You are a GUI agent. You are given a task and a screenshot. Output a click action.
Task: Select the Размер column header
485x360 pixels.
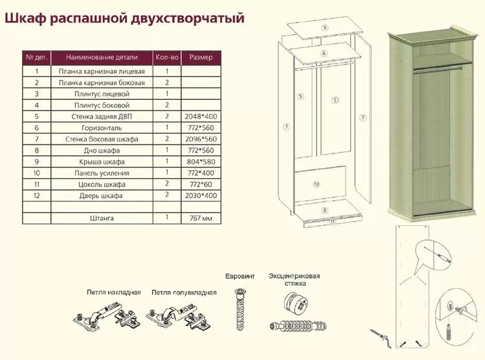(201, 57)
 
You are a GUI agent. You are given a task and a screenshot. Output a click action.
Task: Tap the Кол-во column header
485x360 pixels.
(166, 57)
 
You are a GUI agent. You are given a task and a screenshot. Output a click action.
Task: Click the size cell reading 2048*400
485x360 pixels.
(201, 116)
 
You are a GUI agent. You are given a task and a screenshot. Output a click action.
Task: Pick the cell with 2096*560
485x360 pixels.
(201, 139)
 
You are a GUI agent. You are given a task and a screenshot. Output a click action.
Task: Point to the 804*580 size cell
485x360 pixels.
(201, 162)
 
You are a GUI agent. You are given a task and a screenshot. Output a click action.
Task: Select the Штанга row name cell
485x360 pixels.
(102, 218)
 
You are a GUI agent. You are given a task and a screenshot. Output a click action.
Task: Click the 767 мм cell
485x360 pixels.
(201, 218)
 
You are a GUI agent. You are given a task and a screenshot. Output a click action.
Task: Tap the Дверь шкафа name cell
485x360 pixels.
(102, 196)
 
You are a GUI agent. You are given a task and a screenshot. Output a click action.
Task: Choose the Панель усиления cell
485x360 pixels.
(102, 173)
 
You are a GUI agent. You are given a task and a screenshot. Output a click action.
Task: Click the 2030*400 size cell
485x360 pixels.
(201, 196)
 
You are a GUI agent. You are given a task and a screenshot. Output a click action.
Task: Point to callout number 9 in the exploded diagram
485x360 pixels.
(324, 27)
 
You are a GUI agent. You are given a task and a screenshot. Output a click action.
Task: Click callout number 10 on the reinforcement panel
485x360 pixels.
(316, 185)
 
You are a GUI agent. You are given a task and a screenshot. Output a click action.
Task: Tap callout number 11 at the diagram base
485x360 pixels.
(332, 221)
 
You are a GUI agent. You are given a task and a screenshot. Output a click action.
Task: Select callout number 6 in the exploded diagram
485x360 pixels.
(323, 52)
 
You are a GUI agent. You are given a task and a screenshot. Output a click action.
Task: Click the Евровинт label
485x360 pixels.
(240, 276)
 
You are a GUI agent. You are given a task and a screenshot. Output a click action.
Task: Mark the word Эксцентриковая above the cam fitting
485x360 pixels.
(295, 276)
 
